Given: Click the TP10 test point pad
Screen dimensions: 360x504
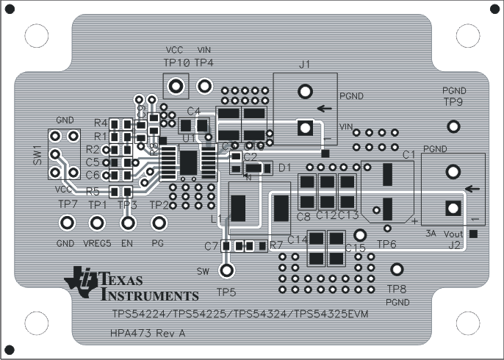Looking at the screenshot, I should click(x=176, y=87).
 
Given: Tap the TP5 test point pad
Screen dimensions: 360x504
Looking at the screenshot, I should click(x=228, y=270).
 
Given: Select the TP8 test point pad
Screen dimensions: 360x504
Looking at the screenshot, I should click(x=397, y=270).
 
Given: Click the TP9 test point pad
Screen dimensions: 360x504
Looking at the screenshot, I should click(x=454, y=126).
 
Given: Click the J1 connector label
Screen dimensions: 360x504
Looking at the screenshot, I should click(x=305, y=65).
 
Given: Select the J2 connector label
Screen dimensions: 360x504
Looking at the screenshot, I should click(x=455, y=245).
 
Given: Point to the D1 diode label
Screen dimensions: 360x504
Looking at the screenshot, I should click(x=284, y=168).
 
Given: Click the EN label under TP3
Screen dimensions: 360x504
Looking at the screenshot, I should click(x=127, y=243).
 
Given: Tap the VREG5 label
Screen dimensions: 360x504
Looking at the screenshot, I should click(x=96, y=243).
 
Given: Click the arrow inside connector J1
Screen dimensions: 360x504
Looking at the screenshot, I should click(x=323, y=109).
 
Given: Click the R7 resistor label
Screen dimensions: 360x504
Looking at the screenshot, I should click(x=276, y=245).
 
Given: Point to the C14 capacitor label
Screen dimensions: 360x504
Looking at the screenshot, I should click(x=297, y=240).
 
